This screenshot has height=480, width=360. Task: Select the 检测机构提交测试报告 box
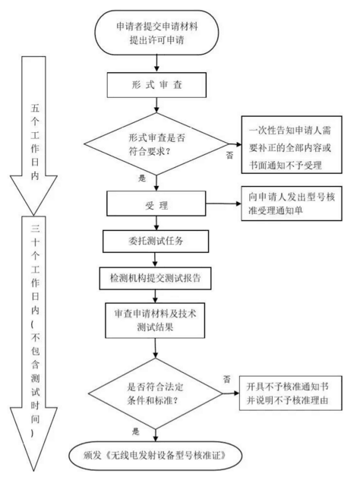[x=155, y=278]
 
